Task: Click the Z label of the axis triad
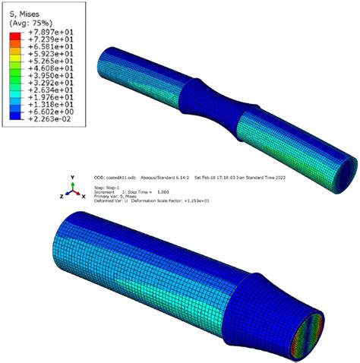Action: [61, 195]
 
